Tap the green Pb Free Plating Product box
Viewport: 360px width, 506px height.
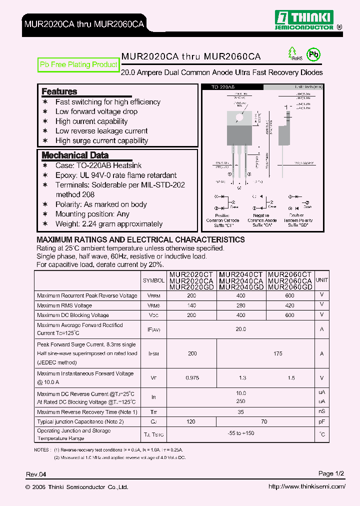(78, 64)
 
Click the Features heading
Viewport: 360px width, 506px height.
(59, 91)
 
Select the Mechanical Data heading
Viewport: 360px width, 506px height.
(74, 155)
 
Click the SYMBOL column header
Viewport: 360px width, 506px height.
(153, 280)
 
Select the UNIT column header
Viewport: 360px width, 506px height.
(321, 280)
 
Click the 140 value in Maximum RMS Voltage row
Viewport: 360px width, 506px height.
(191, 305)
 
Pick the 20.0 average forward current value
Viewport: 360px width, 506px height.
(240, 329)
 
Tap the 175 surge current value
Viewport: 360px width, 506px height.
(278, 353)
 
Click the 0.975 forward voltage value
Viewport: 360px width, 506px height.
(192, 378)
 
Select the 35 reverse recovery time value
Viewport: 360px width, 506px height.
(240, 412)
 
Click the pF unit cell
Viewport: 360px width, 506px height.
(322, 422)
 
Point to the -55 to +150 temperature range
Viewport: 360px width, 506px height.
(240, 433)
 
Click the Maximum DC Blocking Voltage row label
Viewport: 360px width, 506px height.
(73, 315)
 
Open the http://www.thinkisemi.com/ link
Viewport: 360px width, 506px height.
(306, 486)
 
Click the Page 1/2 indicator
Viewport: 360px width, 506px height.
(331, 473)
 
